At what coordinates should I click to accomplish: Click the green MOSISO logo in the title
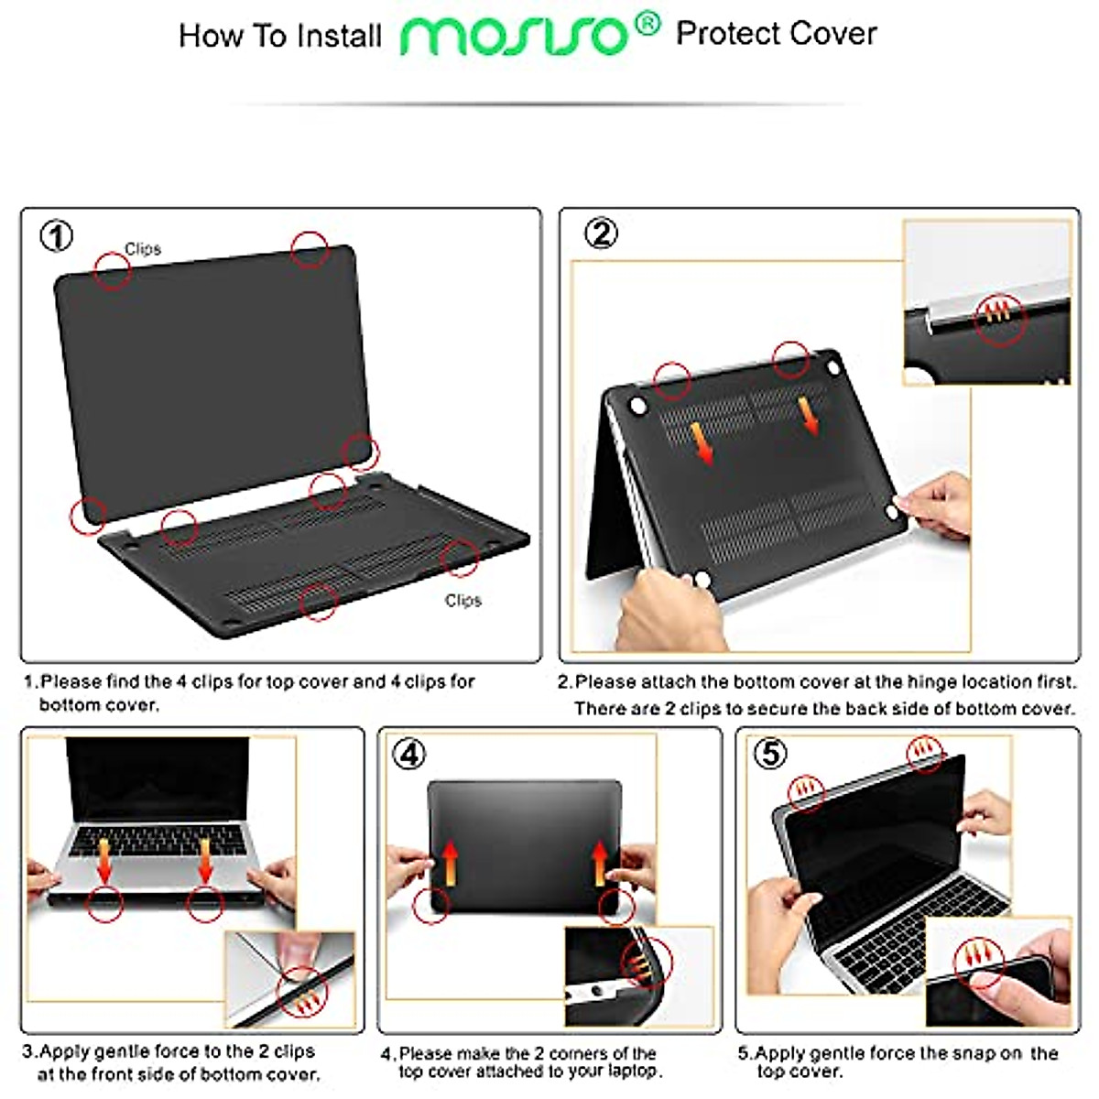tap(515, 37)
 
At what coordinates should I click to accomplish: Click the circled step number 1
tap(56, 237)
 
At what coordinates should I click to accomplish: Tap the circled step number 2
tap(601, 234)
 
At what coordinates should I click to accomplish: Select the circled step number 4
tap(409, 754)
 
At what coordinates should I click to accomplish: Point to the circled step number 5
tap(770, 753)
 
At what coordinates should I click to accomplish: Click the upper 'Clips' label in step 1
tap(143, 249)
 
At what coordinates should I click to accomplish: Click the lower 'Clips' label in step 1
tap(462, 601)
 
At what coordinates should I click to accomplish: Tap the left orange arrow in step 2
tap(701, 441)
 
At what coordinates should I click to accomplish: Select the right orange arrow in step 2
tap(810, 415)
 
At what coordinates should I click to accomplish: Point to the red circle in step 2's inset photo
tap(999, 320)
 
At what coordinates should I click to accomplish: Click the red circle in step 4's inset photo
tap(647, 962)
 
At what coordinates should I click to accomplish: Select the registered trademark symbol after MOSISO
tap(647, 25)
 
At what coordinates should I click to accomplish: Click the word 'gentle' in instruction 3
tap(125, 1052)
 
